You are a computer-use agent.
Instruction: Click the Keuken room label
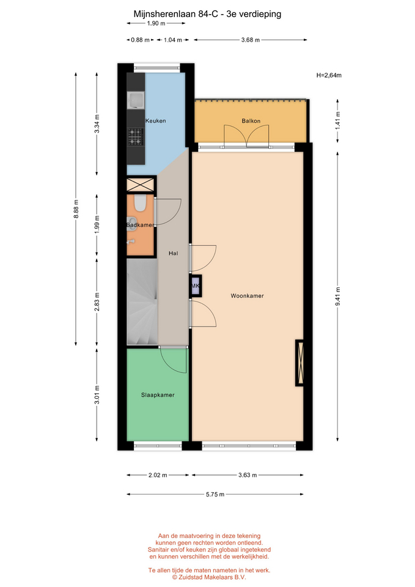pos(155,120)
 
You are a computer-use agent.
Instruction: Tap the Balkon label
pos(251,120)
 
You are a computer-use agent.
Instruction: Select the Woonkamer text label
pos(247,296)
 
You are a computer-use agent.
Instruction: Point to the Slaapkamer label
pos(158,395)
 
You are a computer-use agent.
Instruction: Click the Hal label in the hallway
pos(173,253)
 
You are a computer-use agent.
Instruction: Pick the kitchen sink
pos(135,100)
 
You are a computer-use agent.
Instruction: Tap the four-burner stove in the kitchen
pos(136,137)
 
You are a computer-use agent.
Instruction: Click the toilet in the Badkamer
pos(141,202)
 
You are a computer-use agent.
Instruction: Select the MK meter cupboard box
pos(196,286)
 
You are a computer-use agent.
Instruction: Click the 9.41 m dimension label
pos(338,297)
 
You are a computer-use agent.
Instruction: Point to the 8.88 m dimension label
pos(76,209)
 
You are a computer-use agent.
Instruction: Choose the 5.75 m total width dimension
pos(215,494)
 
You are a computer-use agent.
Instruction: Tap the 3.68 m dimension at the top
pos(251,40)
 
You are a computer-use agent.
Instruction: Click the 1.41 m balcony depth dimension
pos(338,121)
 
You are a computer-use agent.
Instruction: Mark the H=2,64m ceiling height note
pos(329,75)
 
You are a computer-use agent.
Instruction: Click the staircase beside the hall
pos(142,301)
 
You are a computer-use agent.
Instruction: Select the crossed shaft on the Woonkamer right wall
pos(299,363)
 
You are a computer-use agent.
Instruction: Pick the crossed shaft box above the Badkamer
pos(141,185)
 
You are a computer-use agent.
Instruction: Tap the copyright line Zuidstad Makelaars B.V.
pos(209,577)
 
